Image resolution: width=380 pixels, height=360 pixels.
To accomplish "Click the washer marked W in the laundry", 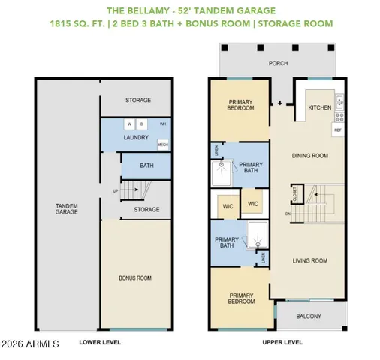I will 129,124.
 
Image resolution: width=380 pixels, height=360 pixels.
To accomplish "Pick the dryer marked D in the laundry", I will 142,124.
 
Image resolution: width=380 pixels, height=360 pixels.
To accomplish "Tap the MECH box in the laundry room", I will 161,144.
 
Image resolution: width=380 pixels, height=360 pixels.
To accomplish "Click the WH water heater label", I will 162,124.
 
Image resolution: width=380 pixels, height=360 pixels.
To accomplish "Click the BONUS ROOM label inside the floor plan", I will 135,278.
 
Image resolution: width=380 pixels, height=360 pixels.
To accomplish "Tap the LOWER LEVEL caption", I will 100,342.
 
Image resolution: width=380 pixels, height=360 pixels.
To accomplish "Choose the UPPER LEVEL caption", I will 282,342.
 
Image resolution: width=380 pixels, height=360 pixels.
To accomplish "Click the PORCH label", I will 279,64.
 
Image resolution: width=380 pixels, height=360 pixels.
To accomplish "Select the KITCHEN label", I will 320,107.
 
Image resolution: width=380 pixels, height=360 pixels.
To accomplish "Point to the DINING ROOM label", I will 310,156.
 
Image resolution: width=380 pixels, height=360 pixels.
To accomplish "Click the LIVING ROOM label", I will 310,261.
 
